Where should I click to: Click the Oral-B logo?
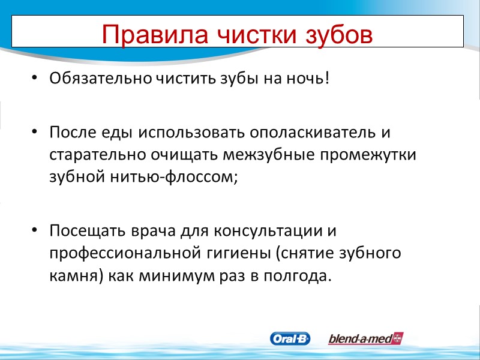[x=291, y=338]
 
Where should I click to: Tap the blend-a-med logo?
[x=365, y=338]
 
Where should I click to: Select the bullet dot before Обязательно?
[x=35, y=79]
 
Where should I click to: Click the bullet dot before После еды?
[x=35, y=131]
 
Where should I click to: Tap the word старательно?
[x=96, y=154]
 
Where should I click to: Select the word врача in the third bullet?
[x=155, y=230]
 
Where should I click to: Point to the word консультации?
[x=265, y=230]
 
